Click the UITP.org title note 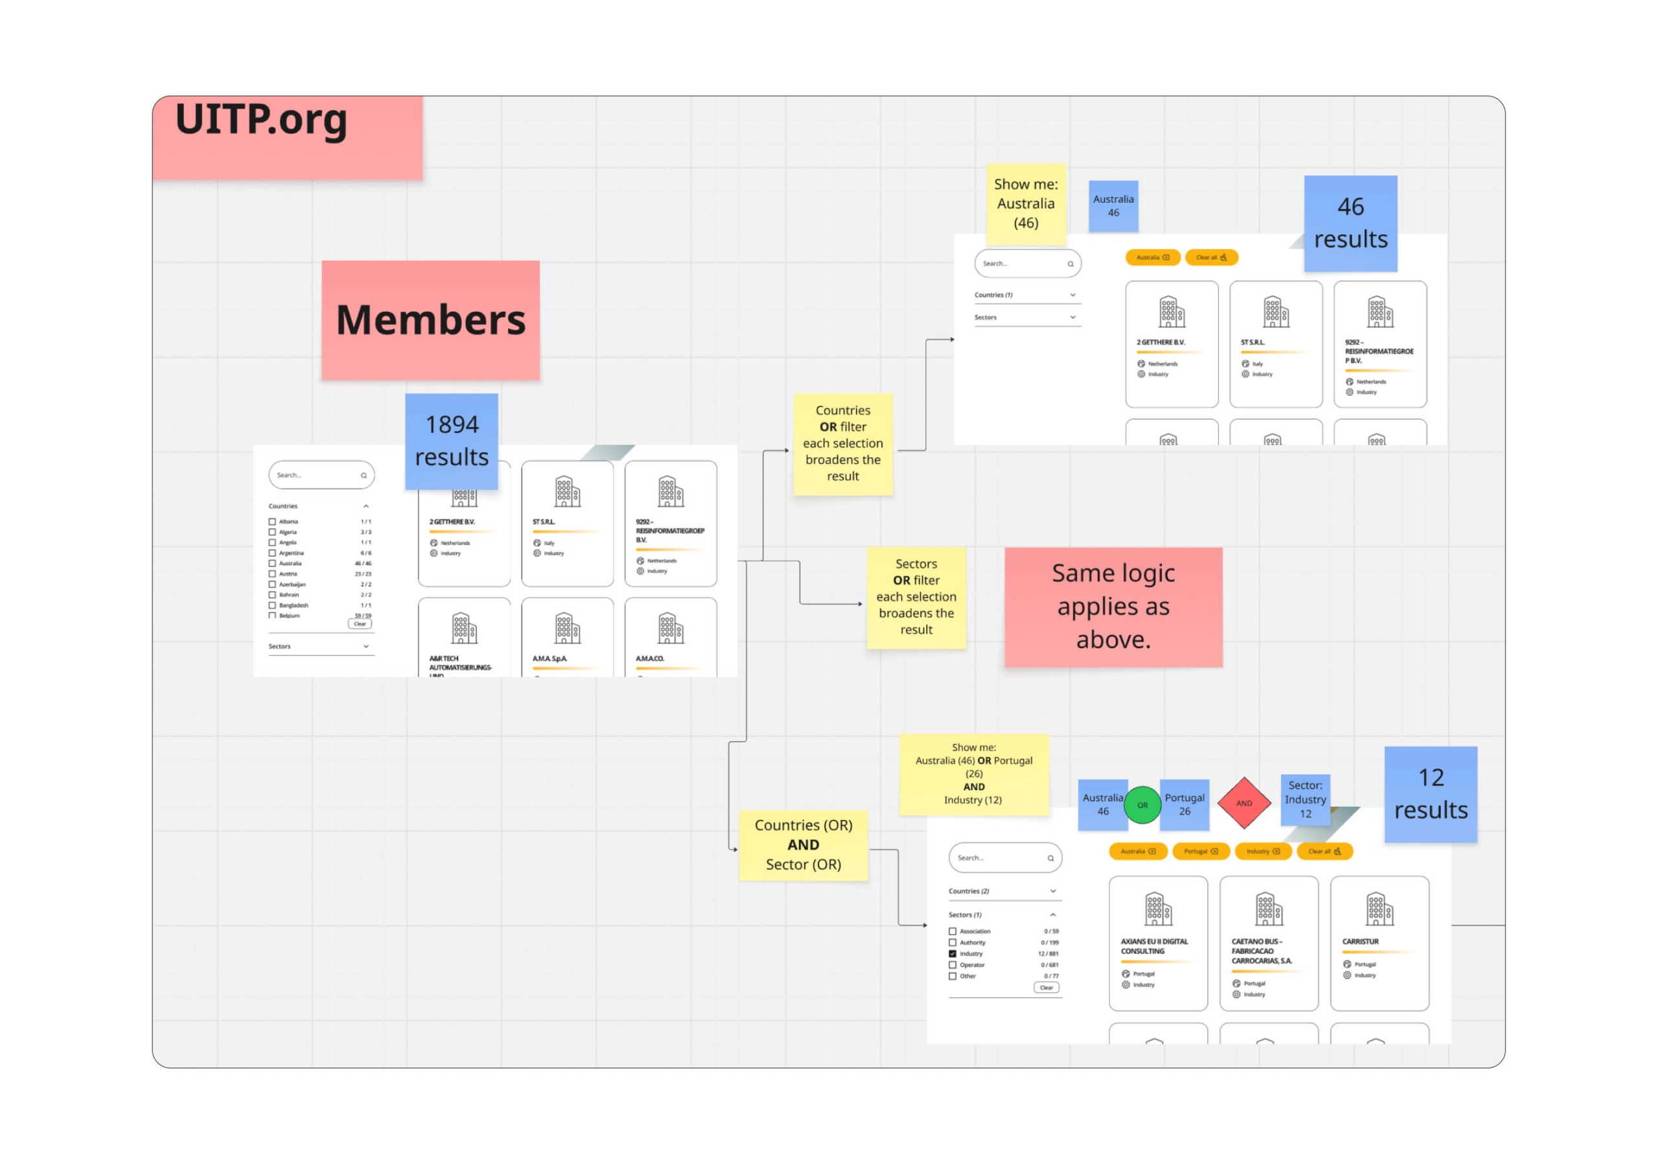[x=287, y=137]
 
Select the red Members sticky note [x=431, y=320]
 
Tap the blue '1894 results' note [x=452, y=441]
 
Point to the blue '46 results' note [x=1350, y=223]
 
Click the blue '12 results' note [x=1430, y=794]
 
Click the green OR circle [x=1142, y=805]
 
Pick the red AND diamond [x=1244, y=803]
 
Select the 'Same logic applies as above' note [x=1113, y=607]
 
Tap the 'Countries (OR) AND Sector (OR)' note [x=803, y=844]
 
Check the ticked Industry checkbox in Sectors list [x=953, y=954]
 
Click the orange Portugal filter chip [x=1200, y=851]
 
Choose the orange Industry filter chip [x=1262, y=851]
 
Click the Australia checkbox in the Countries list [x=272, y=563]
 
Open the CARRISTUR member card [x=1378, y=943]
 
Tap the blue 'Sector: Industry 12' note [x=1305, y=799]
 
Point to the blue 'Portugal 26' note [x=1184, y=804]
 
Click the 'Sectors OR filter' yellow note [x=916, y=597]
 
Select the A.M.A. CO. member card [x=671, y=636]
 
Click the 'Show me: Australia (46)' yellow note [x=1025, y=204]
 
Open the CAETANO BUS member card [x=1268, y=943]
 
